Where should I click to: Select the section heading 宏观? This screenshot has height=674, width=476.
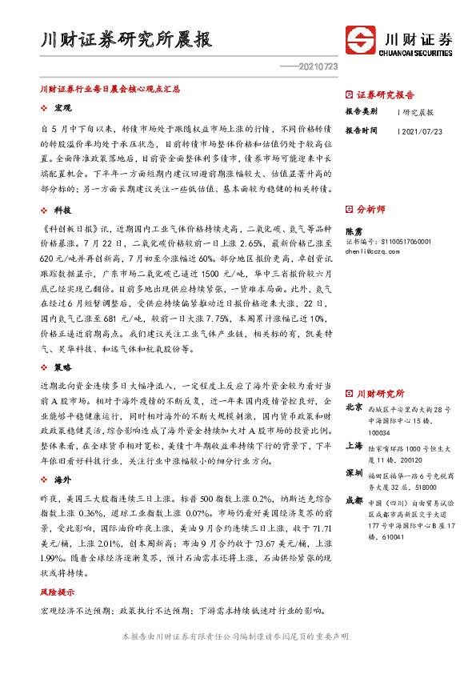pyautogui.click(x=63, y=108)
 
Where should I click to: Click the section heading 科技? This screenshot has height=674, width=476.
pyautogui.click(x=63, y=209)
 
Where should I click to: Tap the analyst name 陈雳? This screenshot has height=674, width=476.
pyautogui.click(x=354, y=231)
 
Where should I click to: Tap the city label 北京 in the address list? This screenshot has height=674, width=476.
pyautogui.click(x=353, y=407)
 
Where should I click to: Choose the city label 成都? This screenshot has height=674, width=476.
pyautogui.click(x=353, y=499)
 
